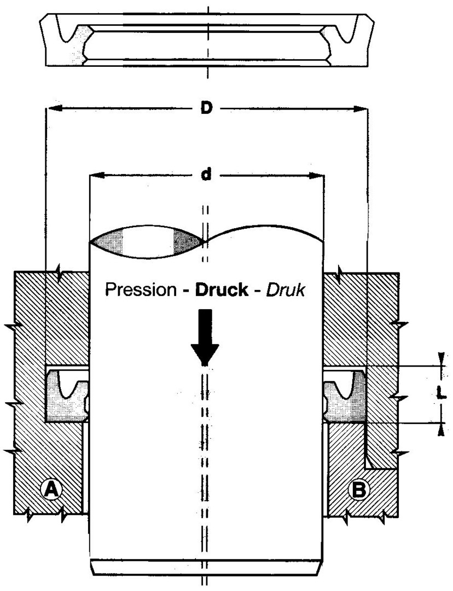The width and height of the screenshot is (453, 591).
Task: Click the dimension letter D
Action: [x=206, y=108]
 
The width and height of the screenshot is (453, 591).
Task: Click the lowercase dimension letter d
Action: [x=206, y=175]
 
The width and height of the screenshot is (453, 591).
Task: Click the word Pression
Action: [x=140, y=290]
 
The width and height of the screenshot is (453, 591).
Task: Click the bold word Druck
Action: [x=221, y=290]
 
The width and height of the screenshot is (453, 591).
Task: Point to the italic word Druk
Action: [x=285, y=290]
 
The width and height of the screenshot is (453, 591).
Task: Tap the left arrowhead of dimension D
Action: [x=54, y=108]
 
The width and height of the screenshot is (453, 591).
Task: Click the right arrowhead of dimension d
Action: [x=316, y=175]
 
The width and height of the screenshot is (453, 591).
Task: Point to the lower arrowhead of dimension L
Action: [x=442, y=430]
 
